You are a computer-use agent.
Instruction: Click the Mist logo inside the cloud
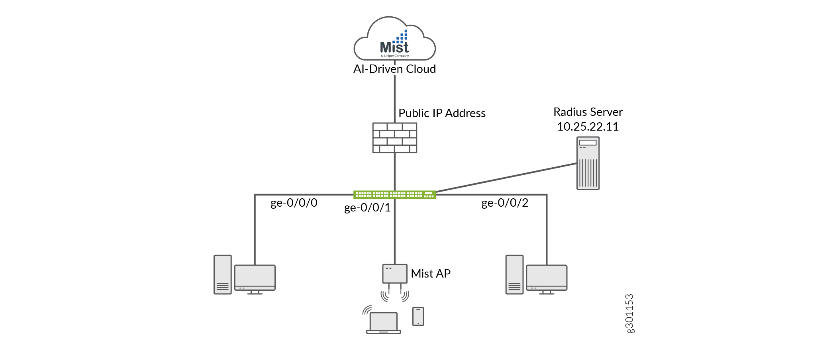point(394,44)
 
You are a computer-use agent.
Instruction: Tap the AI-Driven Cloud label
point(394,69)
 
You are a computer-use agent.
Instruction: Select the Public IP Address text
point(442,113)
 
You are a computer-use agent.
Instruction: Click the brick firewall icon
point(394,138)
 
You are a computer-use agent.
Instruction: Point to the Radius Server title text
point(588,112)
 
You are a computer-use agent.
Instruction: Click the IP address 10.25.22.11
point(588,127)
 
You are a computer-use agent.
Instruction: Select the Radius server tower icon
point(588,163)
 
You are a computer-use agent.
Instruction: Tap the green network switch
point(394,195)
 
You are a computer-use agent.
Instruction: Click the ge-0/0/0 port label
point(294,203)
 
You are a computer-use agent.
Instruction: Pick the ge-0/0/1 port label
point(367,208)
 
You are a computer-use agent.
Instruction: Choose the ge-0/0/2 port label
point(505,203)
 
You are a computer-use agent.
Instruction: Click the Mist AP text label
point(431,274)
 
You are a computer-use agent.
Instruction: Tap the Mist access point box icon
point(394,274)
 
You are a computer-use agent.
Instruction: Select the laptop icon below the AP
point(383,323)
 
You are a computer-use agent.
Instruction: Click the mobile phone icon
point(418,317)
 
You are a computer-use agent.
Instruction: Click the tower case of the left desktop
point(223,275)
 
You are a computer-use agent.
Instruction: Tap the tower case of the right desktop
point(514,275)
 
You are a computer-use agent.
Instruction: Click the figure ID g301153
point(629,313)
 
